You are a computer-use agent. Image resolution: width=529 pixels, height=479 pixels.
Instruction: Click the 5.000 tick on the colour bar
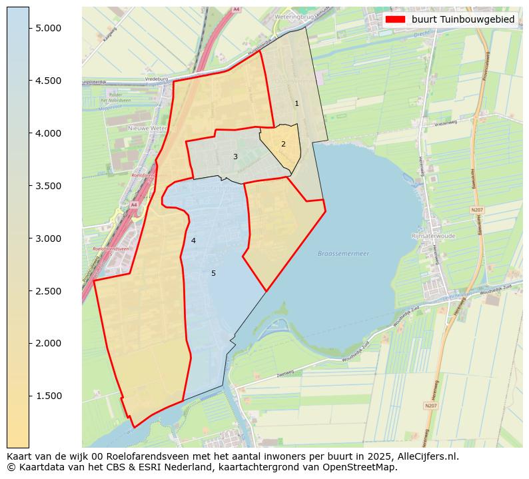click(49, 28)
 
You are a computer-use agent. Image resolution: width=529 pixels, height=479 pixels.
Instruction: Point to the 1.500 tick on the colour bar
click(49, 396)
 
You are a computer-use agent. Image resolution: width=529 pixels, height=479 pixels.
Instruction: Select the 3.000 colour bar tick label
click(49, 239)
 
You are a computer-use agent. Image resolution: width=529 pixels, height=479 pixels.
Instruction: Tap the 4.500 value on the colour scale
click(49, 81)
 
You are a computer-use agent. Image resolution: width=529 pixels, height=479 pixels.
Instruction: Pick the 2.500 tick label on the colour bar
click(49, 291)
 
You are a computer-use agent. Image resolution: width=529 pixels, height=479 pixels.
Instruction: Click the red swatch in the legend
click(395, 20)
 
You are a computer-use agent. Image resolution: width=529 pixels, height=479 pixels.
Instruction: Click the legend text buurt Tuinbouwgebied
click(462, 20)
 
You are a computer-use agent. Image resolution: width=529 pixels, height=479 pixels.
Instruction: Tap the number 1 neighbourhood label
click(296, 103)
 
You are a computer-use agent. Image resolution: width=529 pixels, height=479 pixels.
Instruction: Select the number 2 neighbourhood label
click(283, 144)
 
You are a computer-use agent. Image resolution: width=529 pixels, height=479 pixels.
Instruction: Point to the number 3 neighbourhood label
click(235, 157)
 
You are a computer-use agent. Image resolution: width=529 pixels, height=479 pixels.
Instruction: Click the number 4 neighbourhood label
click(193, 240)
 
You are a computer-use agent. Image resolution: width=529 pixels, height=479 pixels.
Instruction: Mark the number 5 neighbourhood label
click(213, 273)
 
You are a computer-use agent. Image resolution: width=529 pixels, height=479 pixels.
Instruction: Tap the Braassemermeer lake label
click(343, 254)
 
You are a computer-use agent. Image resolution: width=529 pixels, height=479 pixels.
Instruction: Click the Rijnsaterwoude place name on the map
click(434, 236)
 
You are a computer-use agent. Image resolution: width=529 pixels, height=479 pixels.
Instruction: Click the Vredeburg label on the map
click(155, 79)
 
